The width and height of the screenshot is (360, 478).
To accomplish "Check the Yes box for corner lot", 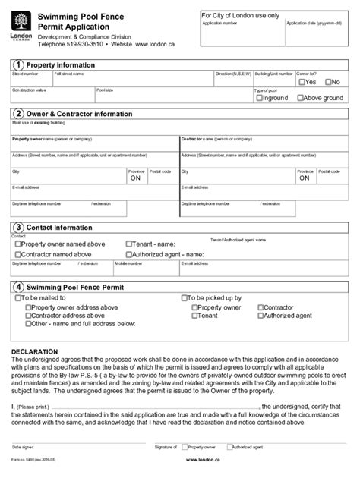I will click(302, 81).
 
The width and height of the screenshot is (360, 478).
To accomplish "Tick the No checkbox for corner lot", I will click(328, 81).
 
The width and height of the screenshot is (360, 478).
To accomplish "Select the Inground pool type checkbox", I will click(260, 98).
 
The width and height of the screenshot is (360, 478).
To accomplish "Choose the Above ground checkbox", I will click(302, 98).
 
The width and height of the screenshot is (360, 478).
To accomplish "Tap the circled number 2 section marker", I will click(17, 115).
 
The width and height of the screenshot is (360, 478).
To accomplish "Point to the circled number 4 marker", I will click(17, 288).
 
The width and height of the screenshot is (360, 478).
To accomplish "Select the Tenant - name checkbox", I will click(128, 244).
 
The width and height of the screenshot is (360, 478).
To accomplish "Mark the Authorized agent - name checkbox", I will click(128, 255).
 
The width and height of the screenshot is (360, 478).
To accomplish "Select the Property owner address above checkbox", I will click(29, 307).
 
